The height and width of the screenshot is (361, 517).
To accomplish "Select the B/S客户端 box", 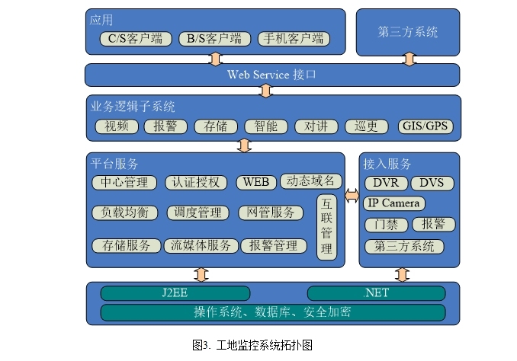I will tap(214, 39).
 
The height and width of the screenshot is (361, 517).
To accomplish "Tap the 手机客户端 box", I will tap(291, 39).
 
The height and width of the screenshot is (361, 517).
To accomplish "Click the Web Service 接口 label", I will tap(271, 75).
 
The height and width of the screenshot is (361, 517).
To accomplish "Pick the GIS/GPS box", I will tap(425, 126).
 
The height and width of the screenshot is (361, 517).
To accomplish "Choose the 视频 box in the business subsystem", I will tap(117, 126).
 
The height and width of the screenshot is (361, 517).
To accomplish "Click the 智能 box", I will tap(265, 126).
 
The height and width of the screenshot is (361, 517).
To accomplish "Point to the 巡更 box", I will tap(366, 126).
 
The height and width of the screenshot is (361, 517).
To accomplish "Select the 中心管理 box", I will tap(124, 183).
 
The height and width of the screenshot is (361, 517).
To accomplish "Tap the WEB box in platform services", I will tap(255, 183).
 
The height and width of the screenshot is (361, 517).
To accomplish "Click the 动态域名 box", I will tap(310, 181).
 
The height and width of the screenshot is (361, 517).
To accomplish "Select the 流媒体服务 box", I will tap(200, 246).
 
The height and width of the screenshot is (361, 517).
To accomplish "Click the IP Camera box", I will tap(393, 203).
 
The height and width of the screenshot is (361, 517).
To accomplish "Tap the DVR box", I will tap(386, 183).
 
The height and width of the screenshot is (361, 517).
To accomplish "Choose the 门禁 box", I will tap(386, 225).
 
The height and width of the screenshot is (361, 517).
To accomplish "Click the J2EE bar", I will tap(175, 293).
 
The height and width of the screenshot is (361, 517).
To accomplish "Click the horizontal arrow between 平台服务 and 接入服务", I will tap(352, 196).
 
